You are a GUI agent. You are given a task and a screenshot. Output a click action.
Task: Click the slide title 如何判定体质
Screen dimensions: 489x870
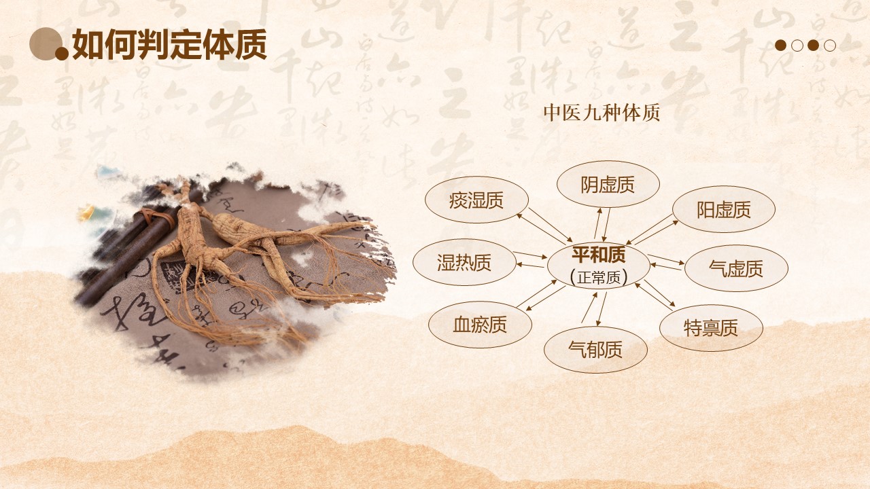(169, 46)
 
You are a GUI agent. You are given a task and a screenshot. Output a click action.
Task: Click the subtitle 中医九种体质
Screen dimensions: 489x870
(602, 113)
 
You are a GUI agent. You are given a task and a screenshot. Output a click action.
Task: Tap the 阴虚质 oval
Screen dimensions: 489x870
(608, 184)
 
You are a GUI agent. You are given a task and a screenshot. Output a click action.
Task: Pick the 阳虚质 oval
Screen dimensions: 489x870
(723, 209)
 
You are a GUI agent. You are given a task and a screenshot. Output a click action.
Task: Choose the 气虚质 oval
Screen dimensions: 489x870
(735, 268)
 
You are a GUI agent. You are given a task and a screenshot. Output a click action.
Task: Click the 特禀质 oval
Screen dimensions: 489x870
(710, 328)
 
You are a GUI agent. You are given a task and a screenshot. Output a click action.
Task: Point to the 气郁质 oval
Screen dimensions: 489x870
(595, 349)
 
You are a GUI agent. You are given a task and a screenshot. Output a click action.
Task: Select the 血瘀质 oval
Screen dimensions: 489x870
(480, 325)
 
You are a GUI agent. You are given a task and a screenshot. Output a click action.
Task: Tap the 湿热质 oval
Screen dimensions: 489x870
(464, 262)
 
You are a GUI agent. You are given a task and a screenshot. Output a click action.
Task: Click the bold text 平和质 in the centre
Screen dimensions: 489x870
(598, 255)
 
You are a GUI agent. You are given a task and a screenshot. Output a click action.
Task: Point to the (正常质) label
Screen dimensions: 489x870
(598, 276)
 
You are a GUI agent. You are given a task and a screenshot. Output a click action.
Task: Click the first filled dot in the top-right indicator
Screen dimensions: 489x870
(781, 46)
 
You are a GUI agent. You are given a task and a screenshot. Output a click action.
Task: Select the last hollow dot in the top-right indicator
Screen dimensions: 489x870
(830, 46)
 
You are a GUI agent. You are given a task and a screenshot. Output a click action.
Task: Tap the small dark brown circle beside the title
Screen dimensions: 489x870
(62, 54)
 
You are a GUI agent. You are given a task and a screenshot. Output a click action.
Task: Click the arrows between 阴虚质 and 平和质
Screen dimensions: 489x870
(602, 225)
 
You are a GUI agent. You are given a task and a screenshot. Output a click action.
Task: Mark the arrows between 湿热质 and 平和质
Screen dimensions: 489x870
(531, 261)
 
